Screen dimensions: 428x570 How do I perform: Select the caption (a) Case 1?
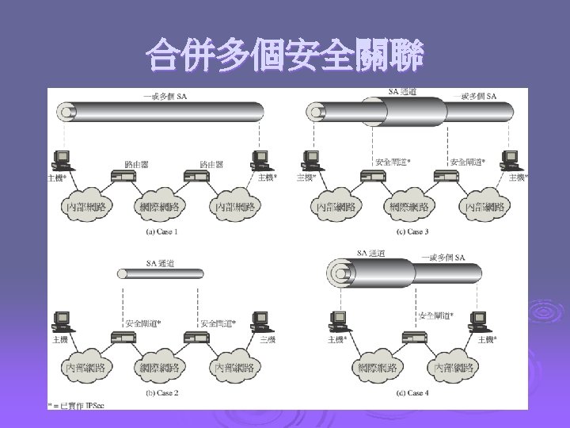click(x=162, y=232)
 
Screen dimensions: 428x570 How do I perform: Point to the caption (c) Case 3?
click(x=412, y=232)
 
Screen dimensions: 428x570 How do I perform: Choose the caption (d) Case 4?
click(x=412, y=393)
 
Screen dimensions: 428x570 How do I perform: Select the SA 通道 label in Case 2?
click(x=161, y=262)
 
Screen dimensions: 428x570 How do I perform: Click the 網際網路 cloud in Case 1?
click(x=161, y=207)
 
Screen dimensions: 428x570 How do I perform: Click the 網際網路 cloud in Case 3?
click(x=412, y=207)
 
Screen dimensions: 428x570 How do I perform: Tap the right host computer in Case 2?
click(x=258, y=321)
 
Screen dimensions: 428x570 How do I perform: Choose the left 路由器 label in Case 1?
click(x=135, y=164)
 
